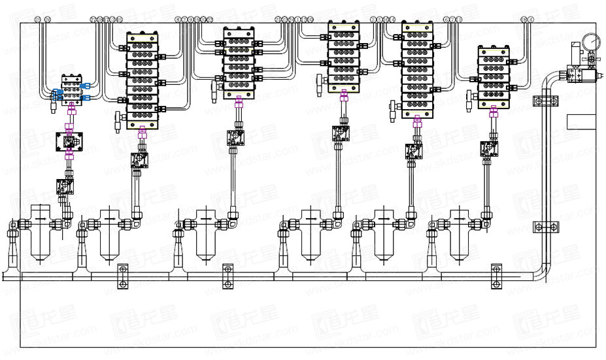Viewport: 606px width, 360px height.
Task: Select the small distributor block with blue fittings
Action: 70,90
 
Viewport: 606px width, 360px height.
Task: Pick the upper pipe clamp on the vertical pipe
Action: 546,102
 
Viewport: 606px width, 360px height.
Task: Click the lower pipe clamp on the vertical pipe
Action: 546,227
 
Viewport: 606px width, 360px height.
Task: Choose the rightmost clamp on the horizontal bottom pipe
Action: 496,276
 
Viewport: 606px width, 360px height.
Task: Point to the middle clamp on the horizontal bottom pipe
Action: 227,276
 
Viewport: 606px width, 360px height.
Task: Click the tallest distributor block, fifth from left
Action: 418,69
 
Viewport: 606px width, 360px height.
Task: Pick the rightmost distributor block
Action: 495,77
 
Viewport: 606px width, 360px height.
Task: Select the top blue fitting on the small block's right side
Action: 86,84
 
